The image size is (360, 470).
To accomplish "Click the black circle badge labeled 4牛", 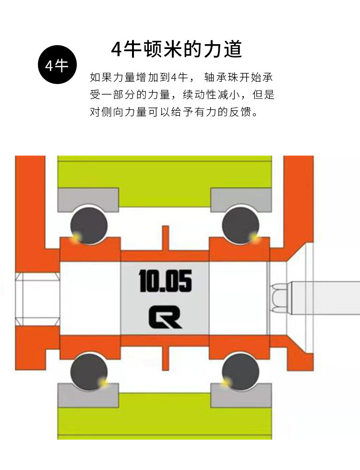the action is pos(57,65).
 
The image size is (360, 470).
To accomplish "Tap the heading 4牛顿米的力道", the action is pos(176,49).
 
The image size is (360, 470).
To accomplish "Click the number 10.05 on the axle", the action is pos(165,281).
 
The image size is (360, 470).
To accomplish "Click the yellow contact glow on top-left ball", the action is pos(75,237).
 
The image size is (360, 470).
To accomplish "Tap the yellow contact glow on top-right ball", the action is pos(254,236).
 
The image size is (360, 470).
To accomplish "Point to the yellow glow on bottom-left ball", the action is pos(102,382).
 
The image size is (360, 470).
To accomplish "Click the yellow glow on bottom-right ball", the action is pos(226,382).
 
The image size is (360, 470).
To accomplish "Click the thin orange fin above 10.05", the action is pos(165,238).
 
